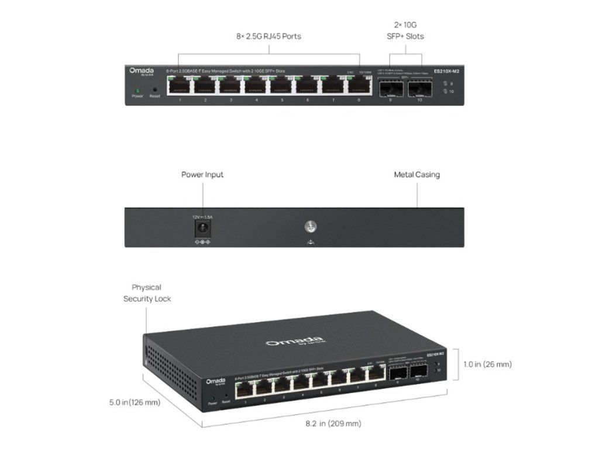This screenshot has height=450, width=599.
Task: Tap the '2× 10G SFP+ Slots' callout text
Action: click(406, 30)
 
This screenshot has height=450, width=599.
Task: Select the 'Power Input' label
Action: click(202, 175)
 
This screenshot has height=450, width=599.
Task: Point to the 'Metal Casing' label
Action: click(416, 175)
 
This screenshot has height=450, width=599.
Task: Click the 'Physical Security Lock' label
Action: click(147, 293)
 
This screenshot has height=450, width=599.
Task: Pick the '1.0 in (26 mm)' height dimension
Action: click(487, 364)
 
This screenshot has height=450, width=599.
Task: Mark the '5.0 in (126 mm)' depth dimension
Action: click(135, 403)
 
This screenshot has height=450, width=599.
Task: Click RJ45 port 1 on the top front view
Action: click(180, 86)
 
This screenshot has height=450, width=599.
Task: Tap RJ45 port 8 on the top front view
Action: click(359, 86)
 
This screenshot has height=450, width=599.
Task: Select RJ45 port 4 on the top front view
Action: click(256, 86)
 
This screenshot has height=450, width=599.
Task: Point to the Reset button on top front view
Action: click(154, 90)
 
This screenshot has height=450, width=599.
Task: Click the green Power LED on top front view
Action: click(137, 90)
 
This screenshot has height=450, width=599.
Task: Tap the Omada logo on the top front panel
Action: click(142, 71)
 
